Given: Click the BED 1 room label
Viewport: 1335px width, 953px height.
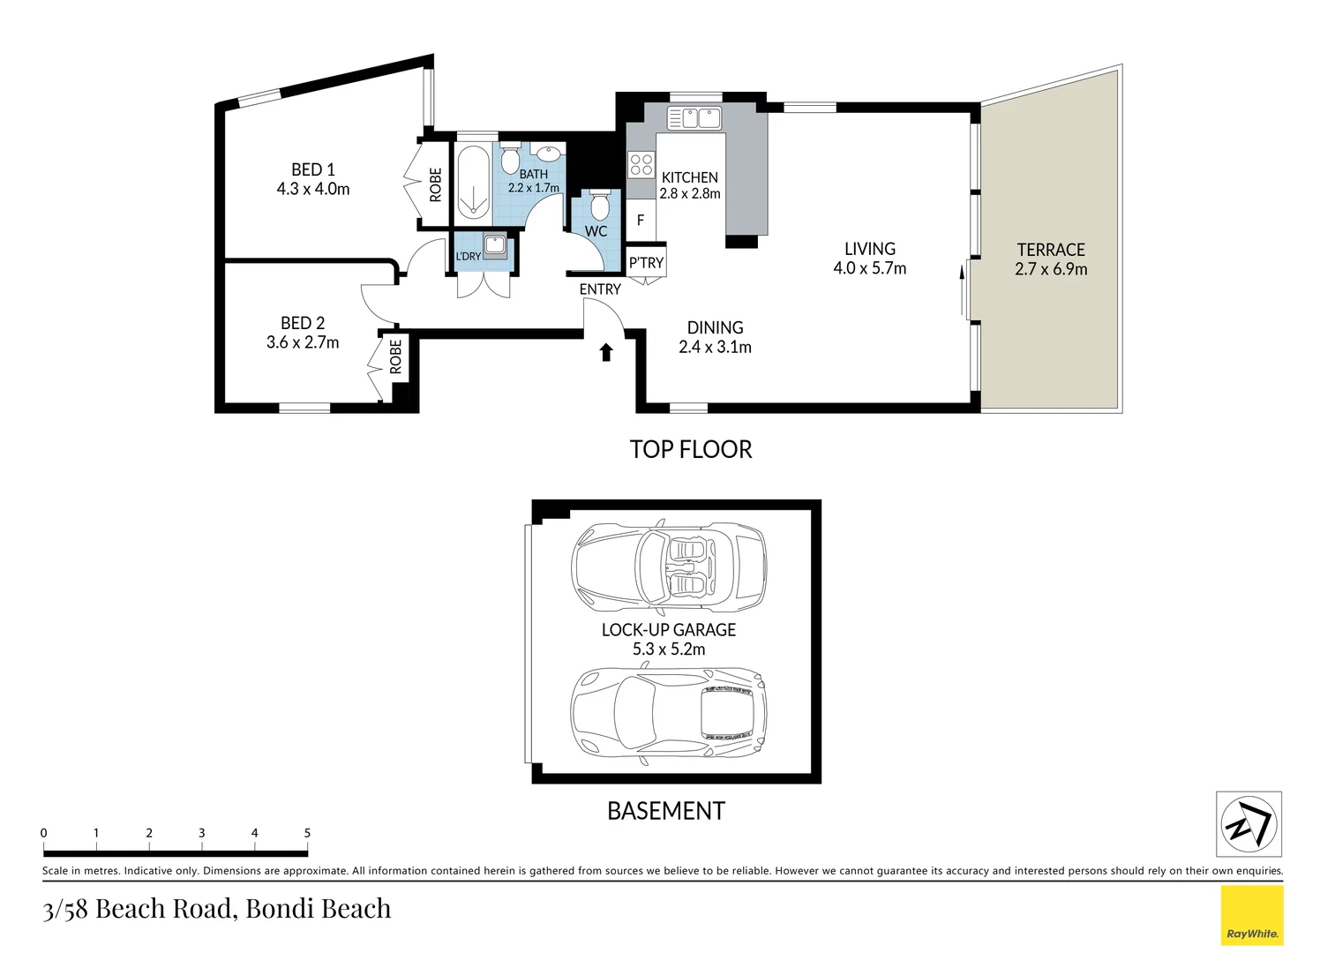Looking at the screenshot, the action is [313, 169].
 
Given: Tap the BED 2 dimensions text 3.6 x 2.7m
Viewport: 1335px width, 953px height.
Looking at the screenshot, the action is [303, 342].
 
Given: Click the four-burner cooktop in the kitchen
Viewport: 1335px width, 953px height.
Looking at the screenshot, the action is [641, 165].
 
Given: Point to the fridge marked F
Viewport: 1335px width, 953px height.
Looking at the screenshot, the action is [641, 221].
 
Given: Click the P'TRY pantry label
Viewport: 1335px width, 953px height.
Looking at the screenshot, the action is [646, 263].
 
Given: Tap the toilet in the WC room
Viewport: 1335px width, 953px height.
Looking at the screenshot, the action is [597, 205].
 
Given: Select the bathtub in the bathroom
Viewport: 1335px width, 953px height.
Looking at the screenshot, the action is [474, 180].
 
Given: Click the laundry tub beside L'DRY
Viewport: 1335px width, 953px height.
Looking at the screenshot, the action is [495, 246].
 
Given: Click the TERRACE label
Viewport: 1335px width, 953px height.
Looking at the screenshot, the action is [1051, 250].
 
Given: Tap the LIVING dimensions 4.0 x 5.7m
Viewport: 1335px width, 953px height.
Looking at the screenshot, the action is [869, 268].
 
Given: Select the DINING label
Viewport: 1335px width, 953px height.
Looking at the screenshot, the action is [716, 327].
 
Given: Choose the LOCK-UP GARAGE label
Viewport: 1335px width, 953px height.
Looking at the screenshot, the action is [669, 630].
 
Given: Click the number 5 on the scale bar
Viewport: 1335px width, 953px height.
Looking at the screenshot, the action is [308, 833].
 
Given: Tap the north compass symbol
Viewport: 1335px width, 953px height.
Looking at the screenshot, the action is [1249, 824].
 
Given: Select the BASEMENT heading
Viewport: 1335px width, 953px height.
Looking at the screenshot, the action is [665, 811].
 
